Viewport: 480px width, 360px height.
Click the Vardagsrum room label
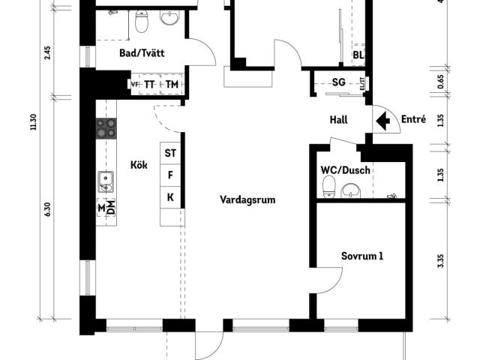247,200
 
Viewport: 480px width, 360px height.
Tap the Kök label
139,165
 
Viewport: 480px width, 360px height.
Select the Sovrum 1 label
362,256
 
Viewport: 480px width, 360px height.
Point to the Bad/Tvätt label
142,53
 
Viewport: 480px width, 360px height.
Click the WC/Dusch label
345,170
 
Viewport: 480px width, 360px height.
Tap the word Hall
338,120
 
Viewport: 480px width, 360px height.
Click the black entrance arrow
383,121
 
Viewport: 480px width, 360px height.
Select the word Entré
413,118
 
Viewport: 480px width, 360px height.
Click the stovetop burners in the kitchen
106,128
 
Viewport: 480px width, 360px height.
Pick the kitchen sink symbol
106,181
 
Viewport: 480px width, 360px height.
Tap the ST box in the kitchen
170,153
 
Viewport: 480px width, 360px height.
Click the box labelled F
170,175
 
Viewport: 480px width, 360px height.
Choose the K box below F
170,197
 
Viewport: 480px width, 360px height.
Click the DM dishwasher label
112,207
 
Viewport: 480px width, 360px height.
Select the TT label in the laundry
149,85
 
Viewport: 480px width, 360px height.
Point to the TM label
172,84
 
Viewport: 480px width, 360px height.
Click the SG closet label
338,82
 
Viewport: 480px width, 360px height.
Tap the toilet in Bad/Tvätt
142,21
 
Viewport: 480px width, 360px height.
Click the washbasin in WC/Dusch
351,190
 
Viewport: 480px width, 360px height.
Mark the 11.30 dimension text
33,121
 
